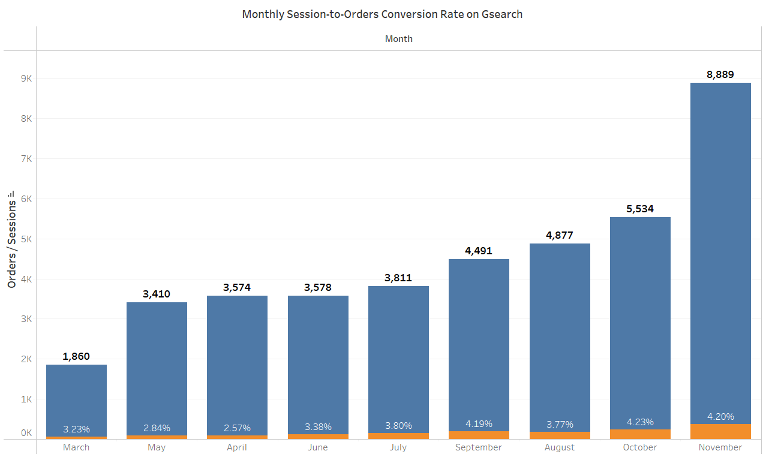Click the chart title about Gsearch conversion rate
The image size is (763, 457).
[382, 14]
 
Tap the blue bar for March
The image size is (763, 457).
[76, 396]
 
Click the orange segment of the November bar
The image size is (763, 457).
[720, 431]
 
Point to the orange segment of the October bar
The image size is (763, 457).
[640, 434]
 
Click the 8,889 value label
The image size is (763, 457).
[720, 74]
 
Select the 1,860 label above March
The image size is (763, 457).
[76, 356]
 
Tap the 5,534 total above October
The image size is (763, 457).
[640, 209]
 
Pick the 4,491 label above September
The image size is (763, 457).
[479, 251]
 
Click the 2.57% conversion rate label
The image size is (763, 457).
[237, 428]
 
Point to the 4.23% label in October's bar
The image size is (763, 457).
[640, 422]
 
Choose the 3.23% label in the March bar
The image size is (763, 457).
[76, 429]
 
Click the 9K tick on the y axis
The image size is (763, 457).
[26, 79]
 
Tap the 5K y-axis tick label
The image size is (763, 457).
[26, 239]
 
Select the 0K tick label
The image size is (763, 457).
[26, 432]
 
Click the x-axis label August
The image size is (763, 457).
[560, 447]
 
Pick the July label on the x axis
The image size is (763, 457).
[398, 447]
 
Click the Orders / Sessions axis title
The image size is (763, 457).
[12, 240]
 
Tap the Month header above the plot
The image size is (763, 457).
[399, 38]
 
